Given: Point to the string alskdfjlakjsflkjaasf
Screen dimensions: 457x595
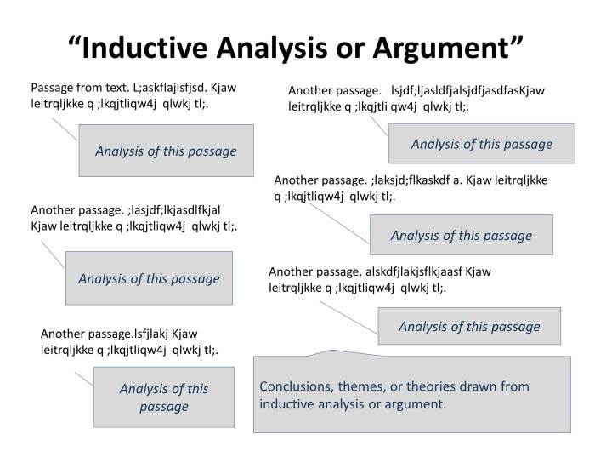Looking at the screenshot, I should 411,271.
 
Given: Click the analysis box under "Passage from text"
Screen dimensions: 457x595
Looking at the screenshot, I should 166,151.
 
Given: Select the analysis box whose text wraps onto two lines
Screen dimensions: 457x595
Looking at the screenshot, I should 163,397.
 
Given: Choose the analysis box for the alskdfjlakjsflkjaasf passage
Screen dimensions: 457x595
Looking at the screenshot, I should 469,327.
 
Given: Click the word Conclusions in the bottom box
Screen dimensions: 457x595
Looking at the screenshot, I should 294,386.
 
